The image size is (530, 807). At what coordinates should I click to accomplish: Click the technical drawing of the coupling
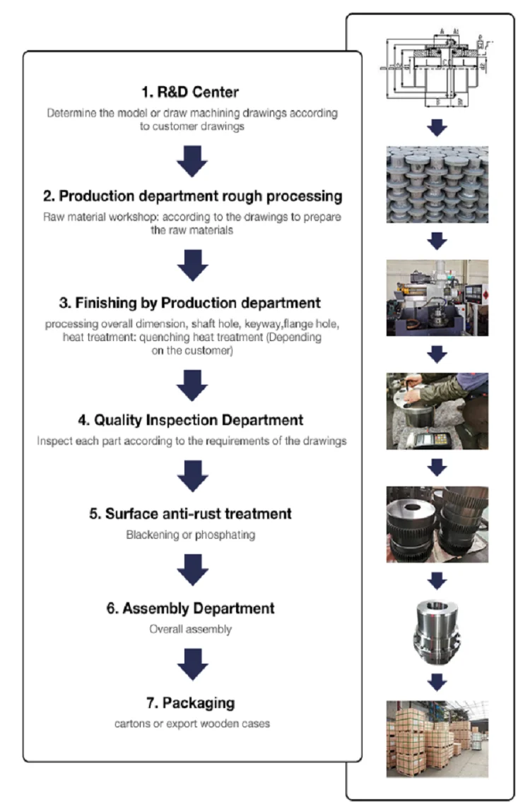437,71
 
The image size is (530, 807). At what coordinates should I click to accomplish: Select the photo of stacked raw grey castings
437,184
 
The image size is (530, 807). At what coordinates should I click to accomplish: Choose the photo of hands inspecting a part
437,411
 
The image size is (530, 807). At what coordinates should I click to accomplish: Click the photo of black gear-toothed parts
437,523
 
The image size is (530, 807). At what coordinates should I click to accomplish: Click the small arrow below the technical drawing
437,127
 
